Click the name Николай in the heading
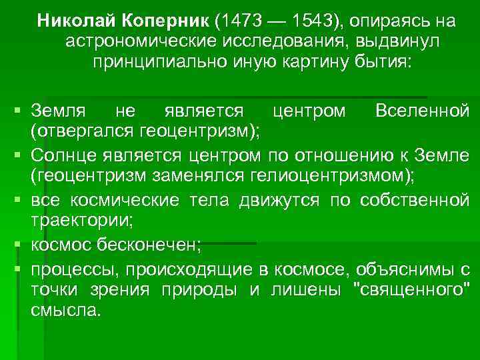click(x=71, y=20)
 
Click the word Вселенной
click(x=422, y=109)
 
